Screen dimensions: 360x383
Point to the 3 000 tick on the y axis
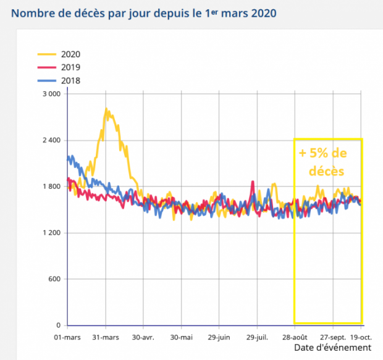(x=51, y=94)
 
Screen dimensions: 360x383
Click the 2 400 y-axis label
(x=51, y=140)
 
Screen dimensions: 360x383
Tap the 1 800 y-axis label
(x=51, y=186)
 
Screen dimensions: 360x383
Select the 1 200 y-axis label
(x=51, y=233)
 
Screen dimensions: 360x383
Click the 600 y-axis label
(x=54, y=279)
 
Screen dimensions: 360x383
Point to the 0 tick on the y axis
(x=59, y=325)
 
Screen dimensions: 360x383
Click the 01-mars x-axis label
(x=67, y=338)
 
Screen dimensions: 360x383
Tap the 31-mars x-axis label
(x=106, y=338)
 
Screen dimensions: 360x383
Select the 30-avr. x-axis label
(x=144, y=338)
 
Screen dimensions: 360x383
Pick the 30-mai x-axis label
(x=182, y=338)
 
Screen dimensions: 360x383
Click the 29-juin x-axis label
(x=219, y=338)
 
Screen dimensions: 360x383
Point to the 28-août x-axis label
(x=295, y=338)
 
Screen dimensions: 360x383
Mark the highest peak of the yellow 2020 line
(x=106, y=109)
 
